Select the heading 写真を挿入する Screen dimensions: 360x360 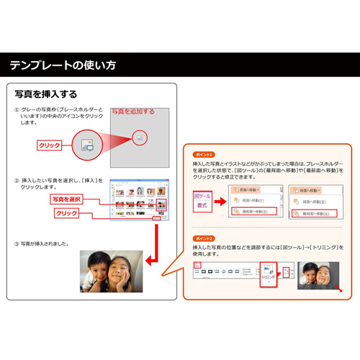coord(46,94)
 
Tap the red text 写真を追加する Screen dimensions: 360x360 coord(132,112)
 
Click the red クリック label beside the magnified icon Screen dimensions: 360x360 coord(49,145)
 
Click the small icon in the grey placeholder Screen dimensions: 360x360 coord(140,136)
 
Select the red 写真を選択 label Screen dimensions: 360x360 coord(66,199)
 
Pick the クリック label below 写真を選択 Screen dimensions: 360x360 coord(66,213)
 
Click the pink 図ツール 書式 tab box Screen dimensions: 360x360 coord(202,200)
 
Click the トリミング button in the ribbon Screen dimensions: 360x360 coord(267,275)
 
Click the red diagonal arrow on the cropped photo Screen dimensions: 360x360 coord(340,290)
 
